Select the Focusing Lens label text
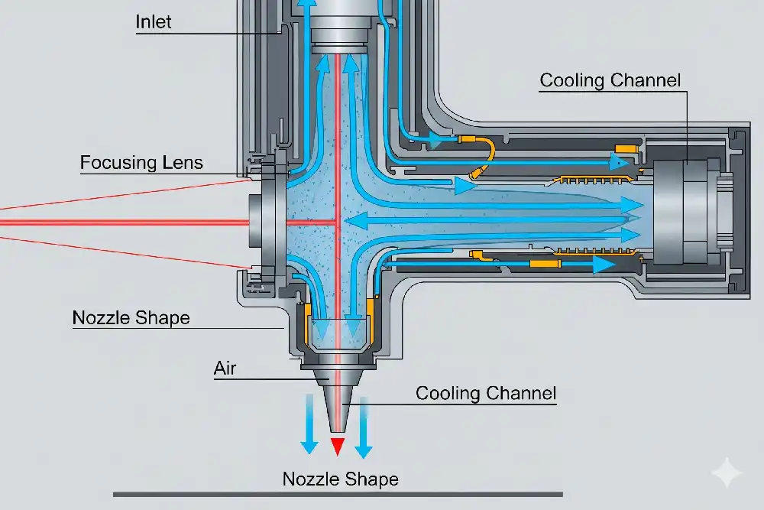pos(141,163)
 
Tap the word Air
pos(225,369)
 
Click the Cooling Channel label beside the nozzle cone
pos(486,394)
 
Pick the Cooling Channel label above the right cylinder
pos(610,80)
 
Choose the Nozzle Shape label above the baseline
pos(340,479)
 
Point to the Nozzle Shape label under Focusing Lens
pos(131,317)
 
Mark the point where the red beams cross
pos(336,223)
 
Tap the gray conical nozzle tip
pos(336,409)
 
